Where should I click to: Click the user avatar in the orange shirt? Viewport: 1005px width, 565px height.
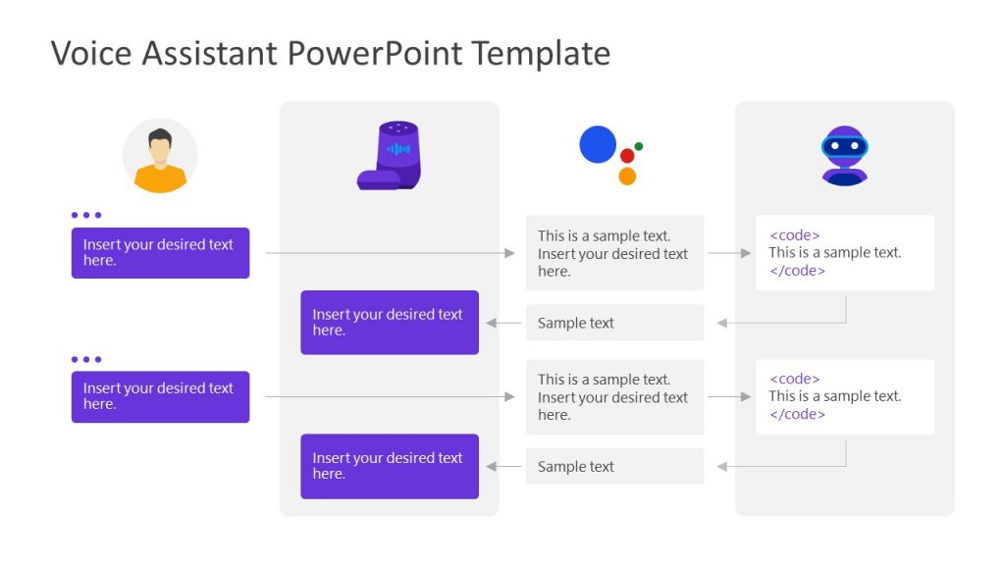160,156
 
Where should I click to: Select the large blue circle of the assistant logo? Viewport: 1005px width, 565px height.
598,144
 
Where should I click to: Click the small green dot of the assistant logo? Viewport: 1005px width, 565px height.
639,146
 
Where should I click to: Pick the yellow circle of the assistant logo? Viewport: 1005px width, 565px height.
627,177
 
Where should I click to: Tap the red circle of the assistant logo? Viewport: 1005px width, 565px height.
627,156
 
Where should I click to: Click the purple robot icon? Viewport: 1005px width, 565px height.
844,155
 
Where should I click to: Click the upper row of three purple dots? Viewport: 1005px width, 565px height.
86,215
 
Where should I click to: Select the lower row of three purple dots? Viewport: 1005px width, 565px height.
86,359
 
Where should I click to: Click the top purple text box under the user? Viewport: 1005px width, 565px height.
160,253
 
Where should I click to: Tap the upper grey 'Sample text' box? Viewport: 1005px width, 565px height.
614,323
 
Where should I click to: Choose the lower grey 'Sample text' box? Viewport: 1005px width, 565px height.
614,467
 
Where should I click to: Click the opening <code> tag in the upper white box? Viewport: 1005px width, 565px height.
794,235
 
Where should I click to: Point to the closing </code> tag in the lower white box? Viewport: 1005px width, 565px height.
797,414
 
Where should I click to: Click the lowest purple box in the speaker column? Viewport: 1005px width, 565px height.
390,466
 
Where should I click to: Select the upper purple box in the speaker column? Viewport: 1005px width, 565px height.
390,323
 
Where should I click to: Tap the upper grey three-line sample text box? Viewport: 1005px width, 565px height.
614,253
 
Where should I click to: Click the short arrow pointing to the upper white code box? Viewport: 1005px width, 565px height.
729,253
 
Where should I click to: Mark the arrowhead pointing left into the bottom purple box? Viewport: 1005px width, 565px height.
491,467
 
